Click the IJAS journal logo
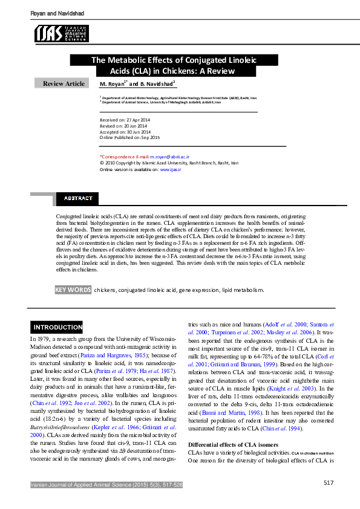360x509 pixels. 61,33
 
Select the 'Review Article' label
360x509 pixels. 64,83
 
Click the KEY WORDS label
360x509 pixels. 73,290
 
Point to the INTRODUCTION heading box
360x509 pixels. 57,328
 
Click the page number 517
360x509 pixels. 329,482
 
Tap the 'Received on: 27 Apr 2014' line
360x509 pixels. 125,121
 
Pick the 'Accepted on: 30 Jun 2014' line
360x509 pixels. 125,132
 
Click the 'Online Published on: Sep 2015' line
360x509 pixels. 129,137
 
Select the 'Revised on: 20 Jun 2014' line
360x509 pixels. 124,126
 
